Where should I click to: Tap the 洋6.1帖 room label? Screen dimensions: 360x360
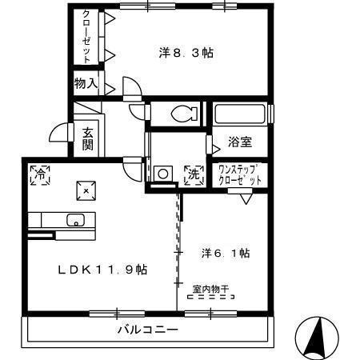[226, 253]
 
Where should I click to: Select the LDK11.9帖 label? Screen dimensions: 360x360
[103, 269]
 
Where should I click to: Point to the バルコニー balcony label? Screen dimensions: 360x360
[148, 330]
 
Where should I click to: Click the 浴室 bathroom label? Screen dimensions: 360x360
[240, 142]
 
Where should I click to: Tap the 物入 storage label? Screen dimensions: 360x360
[86, 83]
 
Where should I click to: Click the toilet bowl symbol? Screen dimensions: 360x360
[183, 113]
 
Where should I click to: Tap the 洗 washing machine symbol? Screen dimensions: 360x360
[194, 174]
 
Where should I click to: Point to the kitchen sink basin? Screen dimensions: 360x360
[77, 221]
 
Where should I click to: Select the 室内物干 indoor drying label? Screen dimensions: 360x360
[211, 288]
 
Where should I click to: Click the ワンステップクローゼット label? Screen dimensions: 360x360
[241, 174]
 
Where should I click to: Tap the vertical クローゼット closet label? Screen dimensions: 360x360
[86, 37]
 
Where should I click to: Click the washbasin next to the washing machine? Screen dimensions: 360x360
[164, 173]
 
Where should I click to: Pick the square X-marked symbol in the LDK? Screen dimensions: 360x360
[87, 190]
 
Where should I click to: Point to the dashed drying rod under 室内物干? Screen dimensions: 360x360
[211, 297]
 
